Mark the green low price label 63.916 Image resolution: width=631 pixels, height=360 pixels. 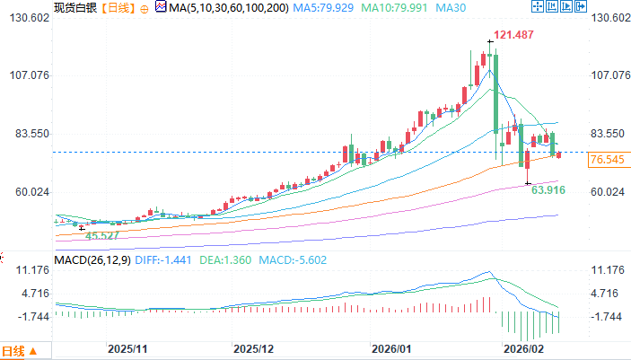pyautogui.click(x=548, y=190)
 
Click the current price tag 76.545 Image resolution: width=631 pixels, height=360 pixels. pyautogui.click(x=607, y=160)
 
